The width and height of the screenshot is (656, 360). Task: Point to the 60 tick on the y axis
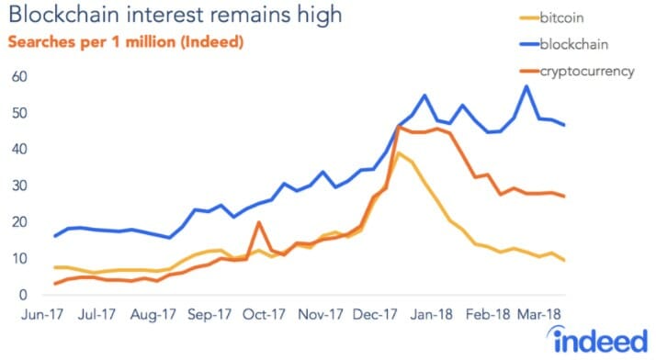point(17,76)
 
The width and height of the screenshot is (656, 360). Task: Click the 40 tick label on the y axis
point(17,149)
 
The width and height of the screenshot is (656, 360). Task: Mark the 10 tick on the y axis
point(17,259)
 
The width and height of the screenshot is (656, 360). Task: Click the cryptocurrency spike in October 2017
point(259,222)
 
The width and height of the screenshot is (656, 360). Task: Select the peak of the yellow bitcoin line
point(398,152)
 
